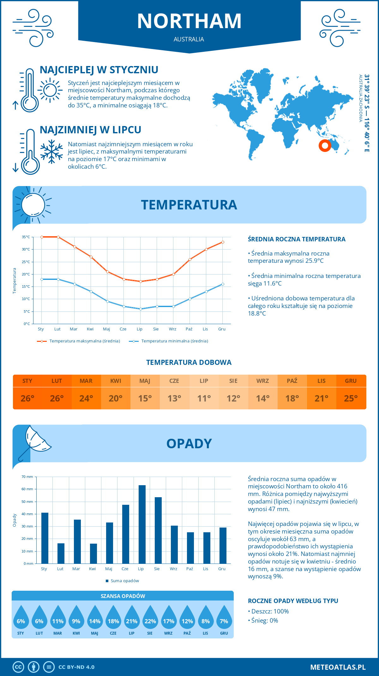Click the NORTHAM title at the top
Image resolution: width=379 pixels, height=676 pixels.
[x=189, y=21]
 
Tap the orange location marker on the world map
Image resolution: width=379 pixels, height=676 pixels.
[x=325, y=146]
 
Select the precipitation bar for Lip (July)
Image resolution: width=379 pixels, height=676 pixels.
[x=142, y=524]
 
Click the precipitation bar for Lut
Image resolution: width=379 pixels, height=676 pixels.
[x=61, y=553]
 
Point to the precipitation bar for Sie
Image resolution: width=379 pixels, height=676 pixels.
[x=158, y=530]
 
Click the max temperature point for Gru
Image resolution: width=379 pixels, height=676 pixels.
[x=223, y=242]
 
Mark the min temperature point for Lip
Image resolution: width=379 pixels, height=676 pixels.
[x=141, y=309]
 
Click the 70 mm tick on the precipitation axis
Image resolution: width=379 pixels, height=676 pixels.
[x=27, y=477]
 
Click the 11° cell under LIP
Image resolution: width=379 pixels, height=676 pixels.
[x=204, y=398]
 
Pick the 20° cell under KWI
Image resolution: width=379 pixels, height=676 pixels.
[x=116, y=398]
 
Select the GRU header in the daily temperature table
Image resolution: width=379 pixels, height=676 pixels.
[x=351, y=381]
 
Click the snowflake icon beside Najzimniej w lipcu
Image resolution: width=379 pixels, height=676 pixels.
[x=51, y=152]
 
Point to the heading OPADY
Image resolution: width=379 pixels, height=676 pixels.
[x=189, y=444]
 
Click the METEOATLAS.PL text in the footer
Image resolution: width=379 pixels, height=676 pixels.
[x=338, y=667]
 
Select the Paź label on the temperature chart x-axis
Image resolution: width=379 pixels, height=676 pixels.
[x=189, y=329]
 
